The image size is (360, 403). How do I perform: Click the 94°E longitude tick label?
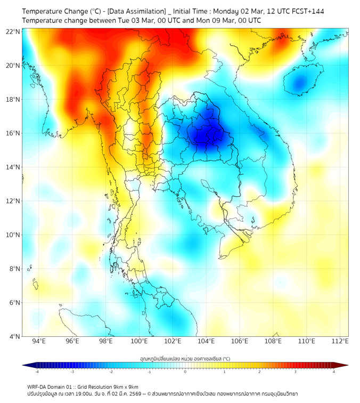39,341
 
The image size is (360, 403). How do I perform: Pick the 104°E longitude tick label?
206,341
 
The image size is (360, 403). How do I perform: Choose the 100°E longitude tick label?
139,341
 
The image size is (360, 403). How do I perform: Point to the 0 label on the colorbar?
185,372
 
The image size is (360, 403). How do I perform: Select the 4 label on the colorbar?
334,372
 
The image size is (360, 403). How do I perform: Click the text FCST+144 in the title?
307,11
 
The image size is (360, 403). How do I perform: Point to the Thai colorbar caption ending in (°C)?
185,359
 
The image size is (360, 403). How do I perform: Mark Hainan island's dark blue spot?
301,83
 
